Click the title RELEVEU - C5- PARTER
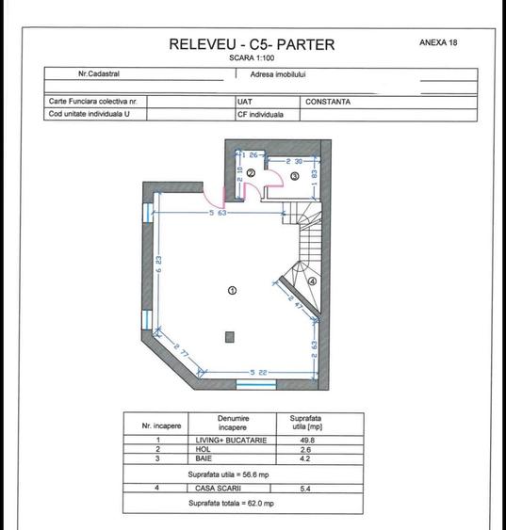point(251,44)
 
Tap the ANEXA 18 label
point(438,42)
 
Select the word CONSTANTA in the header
point(328,102)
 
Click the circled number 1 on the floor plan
point(232,291)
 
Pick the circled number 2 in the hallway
point(252,173)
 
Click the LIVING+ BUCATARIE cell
point(232,440)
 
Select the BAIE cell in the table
point(232,458)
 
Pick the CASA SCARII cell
point(232,489)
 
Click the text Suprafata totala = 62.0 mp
point(232,504)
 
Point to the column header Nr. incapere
point(161,426)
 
